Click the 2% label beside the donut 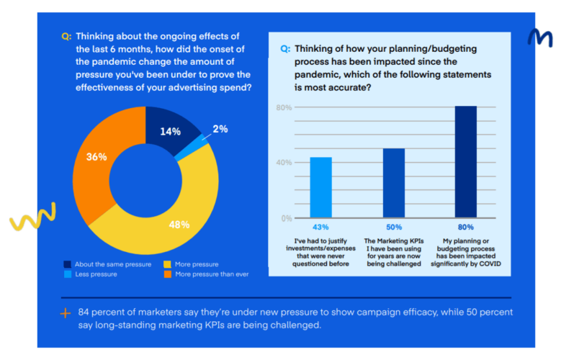click(x=220, y=129)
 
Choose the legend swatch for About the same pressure click(x=68, y=264)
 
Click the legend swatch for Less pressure click(x=68, y=274)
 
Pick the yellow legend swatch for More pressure click(x=167, y=264)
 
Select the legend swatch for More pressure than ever click(x=167, y=274)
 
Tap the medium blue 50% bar click(x=393, y=183)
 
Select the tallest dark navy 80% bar click(x=465, y=161)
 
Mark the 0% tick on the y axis click(x=285, y=218)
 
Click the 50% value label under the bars click(x=393, y=227)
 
